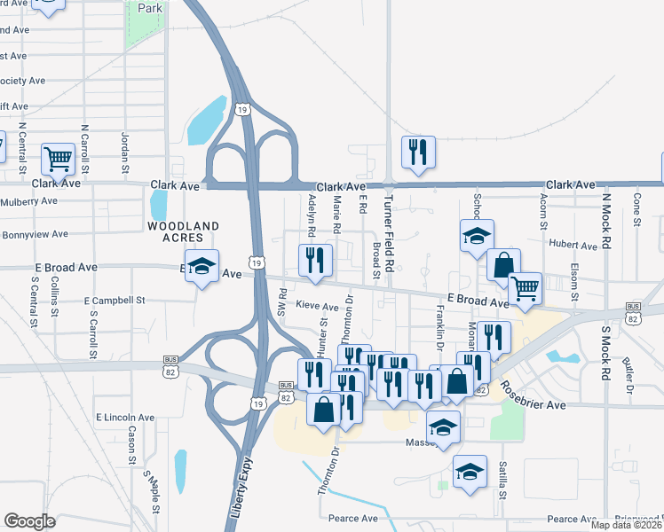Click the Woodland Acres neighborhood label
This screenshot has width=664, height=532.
[183, 232]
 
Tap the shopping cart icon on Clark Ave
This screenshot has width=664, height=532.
[58, 160]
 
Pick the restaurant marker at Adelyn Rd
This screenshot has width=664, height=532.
[314, 260]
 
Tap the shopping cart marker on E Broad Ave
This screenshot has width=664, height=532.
[525, 287]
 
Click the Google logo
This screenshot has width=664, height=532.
[29, 521]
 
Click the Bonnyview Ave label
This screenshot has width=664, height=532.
[35, 235]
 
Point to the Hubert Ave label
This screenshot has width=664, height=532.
[573, 245]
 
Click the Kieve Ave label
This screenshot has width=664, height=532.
[318, 307]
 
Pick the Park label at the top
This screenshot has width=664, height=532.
[149, 8]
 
